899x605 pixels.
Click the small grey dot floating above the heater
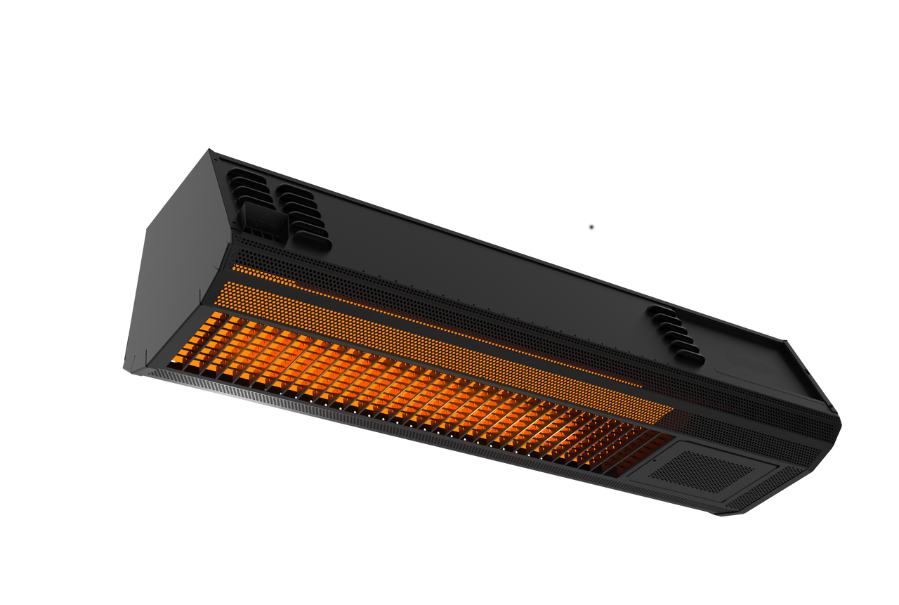pyautogui.click(x=591, y=227)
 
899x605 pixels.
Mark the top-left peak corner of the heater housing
pyautogui.click(x=209, y=149)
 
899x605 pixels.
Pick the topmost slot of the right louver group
pyautogui.click(x=660, y=310)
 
